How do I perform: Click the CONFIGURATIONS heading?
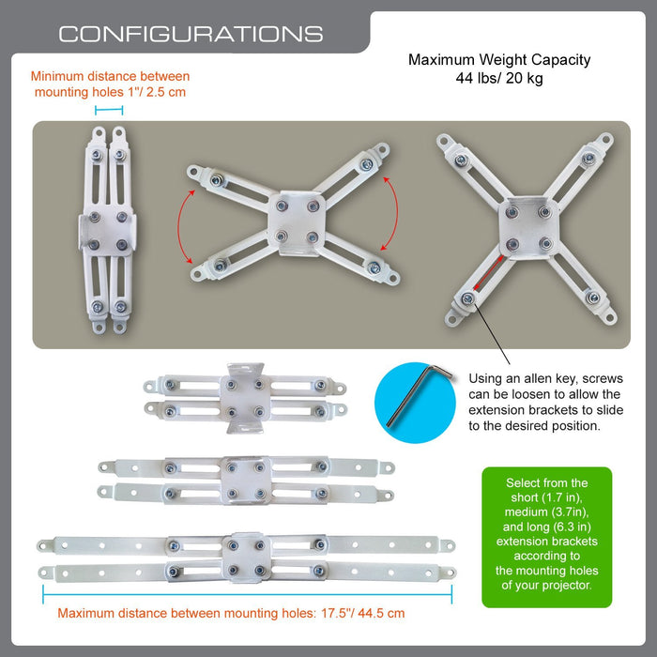(191, 34)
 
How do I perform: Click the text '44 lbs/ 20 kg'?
(499, 78)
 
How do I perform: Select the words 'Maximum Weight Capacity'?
(499, 60)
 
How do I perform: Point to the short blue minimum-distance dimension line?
(109, 110)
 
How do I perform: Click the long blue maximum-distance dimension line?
(247, 594)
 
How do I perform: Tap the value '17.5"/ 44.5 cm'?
(363, 614)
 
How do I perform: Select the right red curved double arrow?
(393, 214)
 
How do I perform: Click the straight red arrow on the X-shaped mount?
(489, 272)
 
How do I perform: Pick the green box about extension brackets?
(547, 537)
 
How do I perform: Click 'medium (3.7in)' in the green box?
(547, 512)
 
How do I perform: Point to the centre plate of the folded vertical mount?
(108, 231)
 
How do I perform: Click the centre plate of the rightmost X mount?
(528, 228)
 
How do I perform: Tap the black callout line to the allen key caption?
(492, 333)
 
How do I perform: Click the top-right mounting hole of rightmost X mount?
(605, 140)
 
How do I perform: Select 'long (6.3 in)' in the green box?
(547, 527)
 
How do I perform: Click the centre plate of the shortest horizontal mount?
(245, 398)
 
